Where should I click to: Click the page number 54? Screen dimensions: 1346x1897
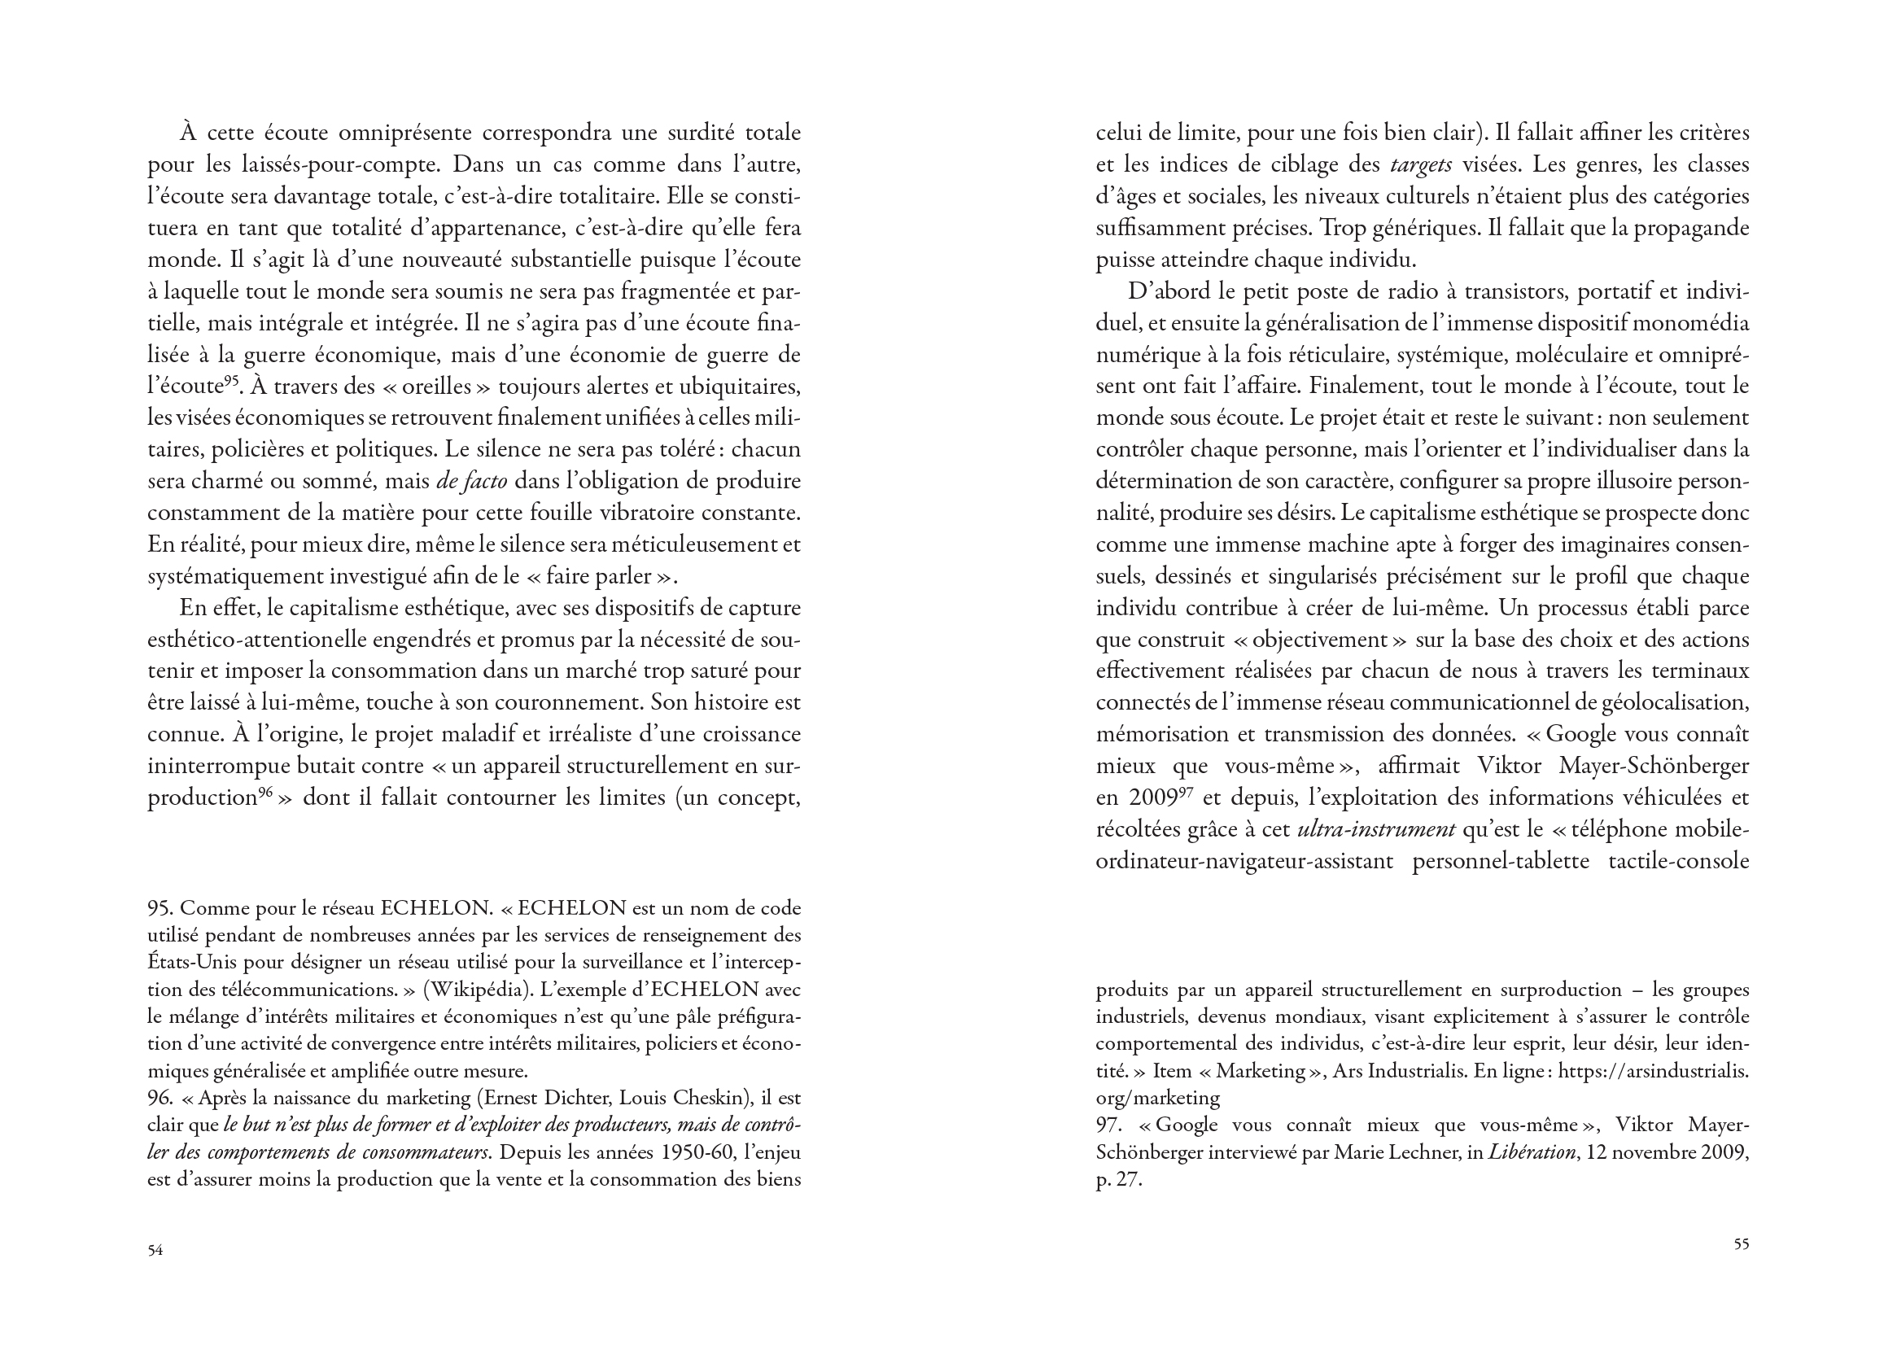pyautogui.click(x=155, y=1251)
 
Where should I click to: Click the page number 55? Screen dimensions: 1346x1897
pyautogui.click(x=1742, y=1244)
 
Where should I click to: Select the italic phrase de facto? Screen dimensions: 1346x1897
pyautogui.click(x=470, y=482)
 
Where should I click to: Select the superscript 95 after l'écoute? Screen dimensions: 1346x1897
pyautogui.click(x=232, y=382)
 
